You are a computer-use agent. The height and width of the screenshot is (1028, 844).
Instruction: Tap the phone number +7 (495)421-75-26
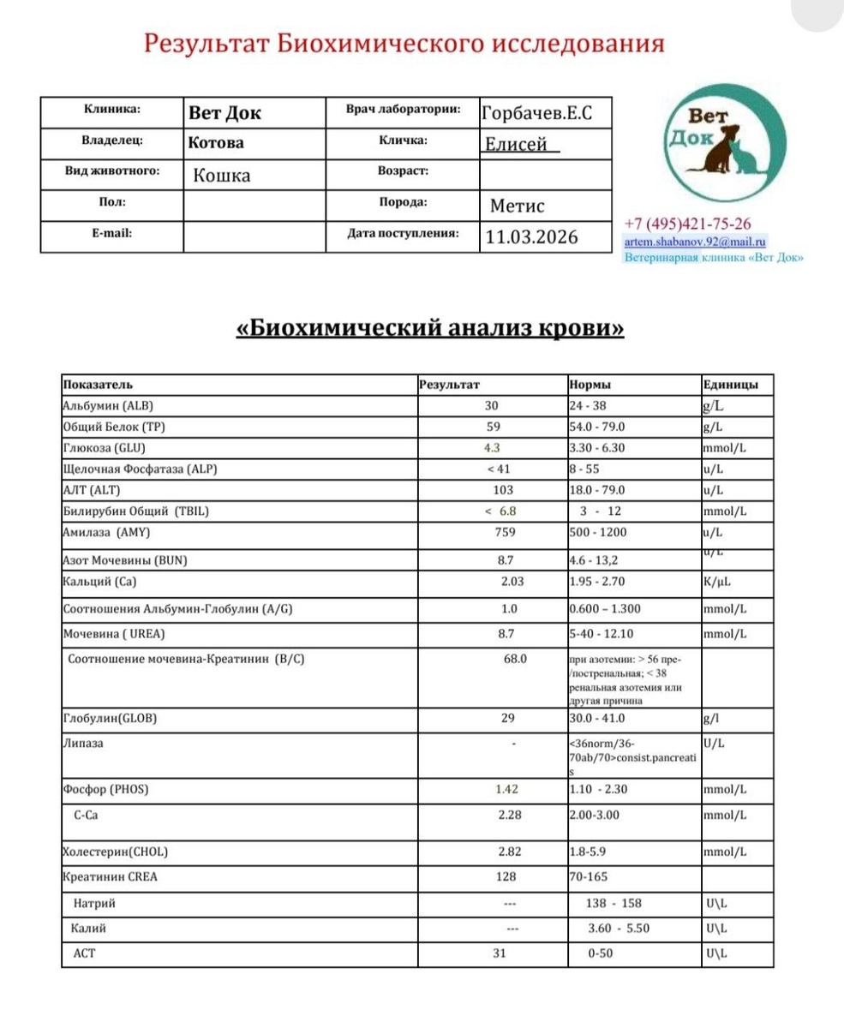click(x=689, y=224)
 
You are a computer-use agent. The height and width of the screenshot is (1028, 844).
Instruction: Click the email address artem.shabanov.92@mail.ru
click(x=696, y=242)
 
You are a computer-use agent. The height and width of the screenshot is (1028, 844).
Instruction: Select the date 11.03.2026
click(x=531, y=236)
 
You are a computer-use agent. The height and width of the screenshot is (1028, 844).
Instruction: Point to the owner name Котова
click(x=216, y=142)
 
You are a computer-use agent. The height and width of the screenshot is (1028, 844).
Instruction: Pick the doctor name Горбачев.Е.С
click(x=537, y=112)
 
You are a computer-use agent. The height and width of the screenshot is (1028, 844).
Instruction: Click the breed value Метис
click(x=517, y=206)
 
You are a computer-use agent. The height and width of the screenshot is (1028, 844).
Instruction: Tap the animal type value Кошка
click(x=222, y=175)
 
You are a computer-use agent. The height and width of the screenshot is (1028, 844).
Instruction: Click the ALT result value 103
click(x=503, y=490)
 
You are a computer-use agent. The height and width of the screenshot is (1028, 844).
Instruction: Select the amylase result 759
click(x=503, y=532)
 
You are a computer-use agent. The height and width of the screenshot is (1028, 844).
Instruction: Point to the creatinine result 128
click(x=506, y=876)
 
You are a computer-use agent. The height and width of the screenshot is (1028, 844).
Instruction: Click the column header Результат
click(x=450, y=385)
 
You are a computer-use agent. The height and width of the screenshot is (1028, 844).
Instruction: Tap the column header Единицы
click(x=729, y=385)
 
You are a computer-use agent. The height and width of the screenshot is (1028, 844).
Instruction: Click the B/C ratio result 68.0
click(x=517, y=659)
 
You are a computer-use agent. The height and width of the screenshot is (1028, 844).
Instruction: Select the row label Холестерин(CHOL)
click(x=116, y=852)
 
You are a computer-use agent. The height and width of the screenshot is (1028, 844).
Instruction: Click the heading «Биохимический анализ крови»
click(x=429, y=328)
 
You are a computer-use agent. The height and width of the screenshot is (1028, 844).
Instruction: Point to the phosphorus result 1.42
click(x=507, y=789)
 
